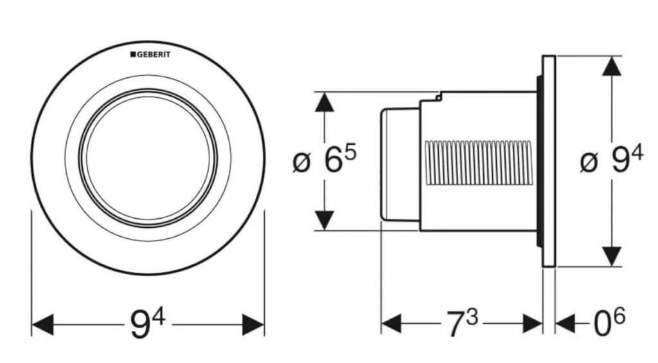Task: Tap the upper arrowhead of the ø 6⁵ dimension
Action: [x=325, y=102]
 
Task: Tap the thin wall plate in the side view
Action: [x=548, y=161]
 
